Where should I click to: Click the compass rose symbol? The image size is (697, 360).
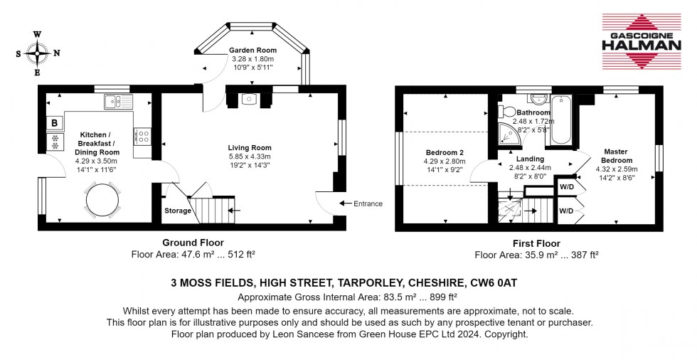click(x=38, y=52)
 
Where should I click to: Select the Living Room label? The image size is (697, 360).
click(x=249, y=147)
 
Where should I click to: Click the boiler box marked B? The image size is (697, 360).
click(x=55, y=123)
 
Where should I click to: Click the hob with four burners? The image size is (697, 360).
click(x=142, y=134)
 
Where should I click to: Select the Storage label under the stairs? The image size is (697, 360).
click(x=178, y=211)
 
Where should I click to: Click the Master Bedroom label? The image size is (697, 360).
click(x=615, y=156)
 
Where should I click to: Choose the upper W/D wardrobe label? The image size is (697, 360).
click(x=567, y=187)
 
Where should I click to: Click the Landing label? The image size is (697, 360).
click(x=530, y=159)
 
